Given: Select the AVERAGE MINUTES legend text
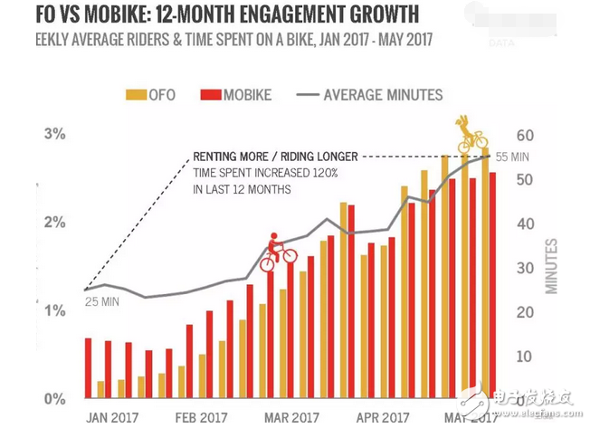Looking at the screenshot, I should pyautogui.click(x=383, y=94).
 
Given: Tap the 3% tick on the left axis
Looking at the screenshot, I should pyautogui.click(x=56, y=134).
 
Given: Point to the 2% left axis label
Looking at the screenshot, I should pyautogui.click(x=56, y=223).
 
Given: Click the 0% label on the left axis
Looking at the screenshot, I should pyautogui.click(x=56, y=399).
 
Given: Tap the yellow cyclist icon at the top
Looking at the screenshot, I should pyautogui.click(x=471, y=135).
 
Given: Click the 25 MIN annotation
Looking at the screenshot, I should pyautogui.click(x=102, y=300).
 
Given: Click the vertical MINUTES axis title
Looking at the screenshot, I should pyautogui.click(x=551, y=266).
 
